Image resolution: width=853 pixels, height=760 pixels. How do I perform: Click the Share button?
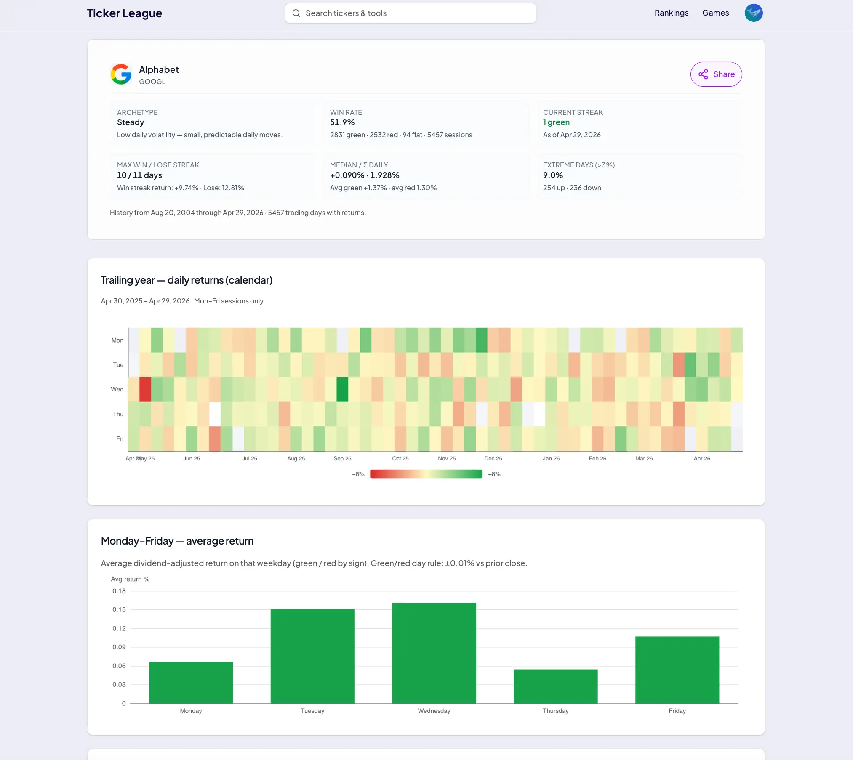click(x=716, y=74)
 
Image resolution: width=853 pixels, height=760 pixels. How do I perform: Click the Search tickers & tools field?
click(x=411, y=13)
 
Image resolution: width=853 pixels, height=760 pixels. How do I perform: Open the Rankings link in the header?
click(x=672, y=13)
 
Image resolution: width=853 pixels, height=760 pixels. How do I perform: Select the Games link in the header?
click(x=715, y=13)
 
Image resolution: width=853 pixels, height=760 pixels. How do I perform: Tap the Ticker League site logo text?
click(x=124, y=13)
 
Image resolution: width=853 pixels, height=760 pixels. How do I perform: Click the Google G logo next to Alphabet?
click(x=121, y=74)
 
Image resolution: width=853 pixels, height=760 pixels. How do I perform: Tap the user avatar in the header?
click(x=754, y=13)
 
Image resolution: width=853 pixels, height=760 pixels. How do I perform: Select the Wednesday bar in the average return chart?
click(x=434, y=653)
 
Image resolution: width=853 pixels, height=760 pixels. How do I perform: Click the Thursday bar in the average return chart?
click(x=555, y=686)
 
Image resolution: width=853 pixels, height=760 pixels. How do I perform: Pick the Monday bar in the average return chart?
click(x=191, y=683)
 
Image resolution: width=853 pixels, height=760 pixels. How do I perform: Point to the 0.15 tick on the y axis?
click(x=119, y=609)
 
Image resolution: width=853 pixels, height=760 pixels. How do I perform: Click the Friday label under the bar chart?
click(x=677, y=711)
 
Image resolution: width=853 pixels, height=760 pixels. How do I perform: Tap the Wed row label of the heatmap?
click(x=117, y=389)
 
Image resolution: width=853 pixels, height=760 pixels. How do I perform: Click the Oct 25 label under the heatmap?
click(x=400, y=458)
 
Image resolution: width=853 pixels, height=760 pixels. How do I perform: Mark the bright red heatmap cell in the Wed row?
click(x=145, y=389)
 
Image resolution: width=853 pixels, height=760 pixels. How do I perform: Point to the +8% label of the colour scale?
click(x=494, y=474)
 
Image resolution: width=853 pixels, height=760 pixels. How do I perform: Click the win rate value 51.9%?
click(x=342, y=122)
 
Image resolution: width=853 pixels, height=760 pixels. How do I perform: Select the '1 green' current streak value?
click(x=556, y=122)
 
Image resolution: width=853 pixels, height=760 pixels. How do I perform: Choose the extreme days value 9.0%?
click(x=553, y=175)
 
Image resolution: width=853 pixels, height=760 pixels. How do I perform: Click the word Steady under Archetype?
click(x=131, y=122)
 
